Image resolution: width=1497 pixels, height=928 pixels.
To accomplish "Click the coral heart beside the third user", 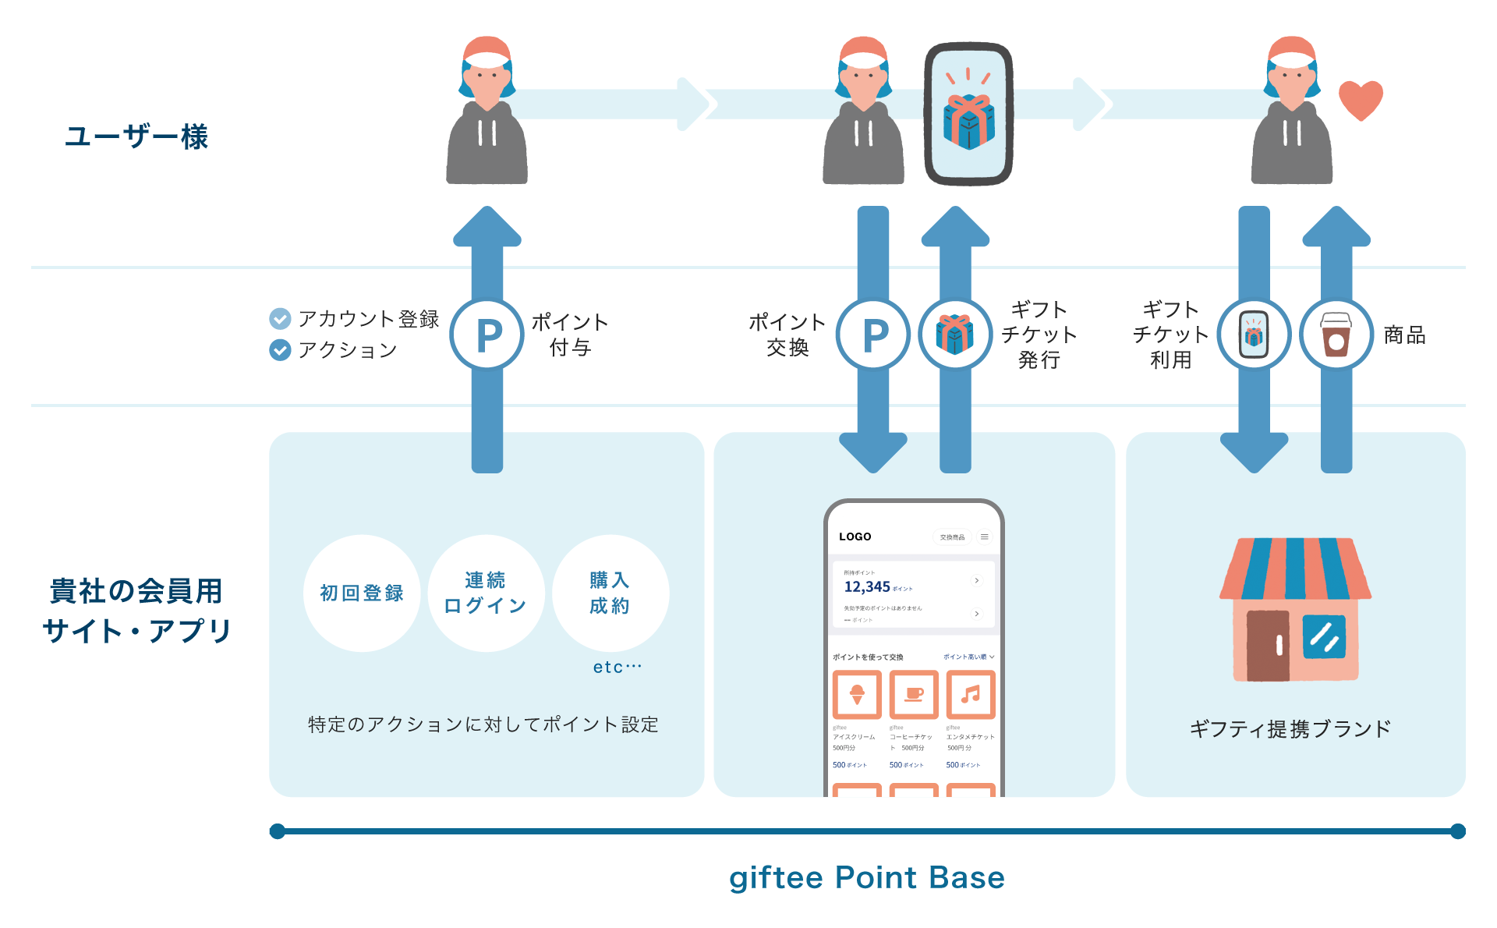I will coord(1361,100).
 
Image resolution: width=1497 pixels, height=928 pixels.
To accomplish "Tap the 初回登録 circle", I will coord(362,593).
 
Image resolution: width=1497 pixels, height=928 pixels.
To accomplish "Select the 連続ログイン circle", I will coord(486,593).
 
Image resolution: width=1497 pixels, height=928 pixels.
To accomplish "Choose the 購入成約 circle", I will coord(610,593).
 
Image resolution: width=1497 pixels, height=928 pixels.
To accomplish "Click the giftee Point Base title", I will coord(867,877).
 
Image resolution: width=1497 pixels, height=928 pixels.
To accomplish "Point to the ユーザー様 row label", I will coord(136,136).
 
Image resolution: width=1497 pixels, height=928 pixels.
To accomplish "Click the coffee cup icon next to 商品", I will coord(1336,335).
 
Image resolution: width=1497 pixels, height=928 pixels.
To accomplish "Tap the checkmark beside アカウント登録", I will coord(280,318).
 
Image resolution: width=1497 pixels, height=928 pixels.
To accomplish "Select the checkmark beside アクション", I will coord(280,350).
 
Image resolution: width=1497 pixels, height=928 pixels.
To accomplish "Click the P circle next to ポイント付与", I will coord(488,335).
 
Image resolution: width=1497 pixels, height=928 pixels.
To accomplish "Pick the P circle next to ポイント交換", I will coord(873,335).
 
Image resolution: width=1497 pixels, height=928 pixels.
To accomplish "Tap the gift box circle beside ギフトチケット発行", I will coord(955,335).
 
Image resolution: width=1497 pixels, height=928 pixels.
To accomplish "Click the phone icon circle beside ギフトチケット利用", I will coord(1254,335).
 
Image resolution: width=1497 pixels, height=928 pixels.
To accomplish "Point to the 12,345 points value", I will coord(867,586).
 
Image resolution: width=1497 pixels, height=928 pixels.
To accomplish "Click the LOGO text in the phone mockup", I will coord(855,537).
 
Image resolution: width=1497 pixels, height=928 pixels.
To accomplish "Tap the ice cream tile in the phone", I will coord(857,694).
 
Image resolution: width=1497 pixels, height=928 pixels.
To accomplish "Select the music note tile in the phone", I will coord(971,694).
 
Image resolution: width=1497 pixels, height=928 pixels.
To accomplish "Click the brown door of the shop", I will coord(1268,645).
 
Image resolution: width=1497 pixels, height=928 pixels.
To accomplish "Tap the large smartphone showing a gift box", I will coord(968,114).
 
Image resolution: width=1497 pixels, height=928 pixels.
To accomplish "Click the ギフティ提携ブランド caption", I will coord(1290,729).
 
